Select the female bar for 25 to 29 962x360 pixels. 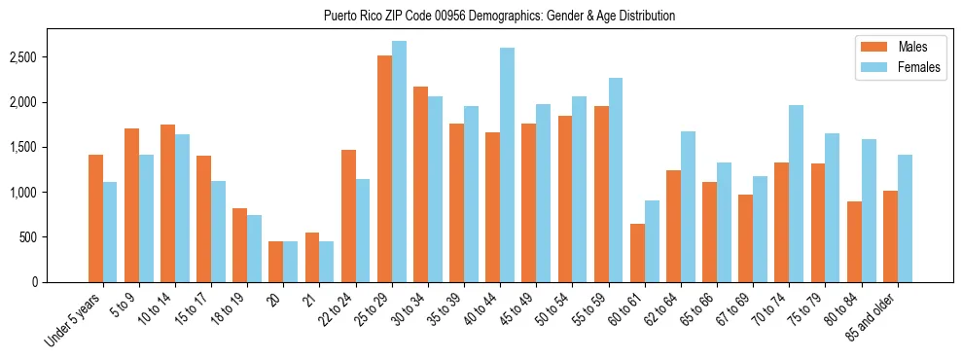(x=400, y=162)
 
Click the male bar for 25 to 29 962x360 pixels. (x=384, y=168)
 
